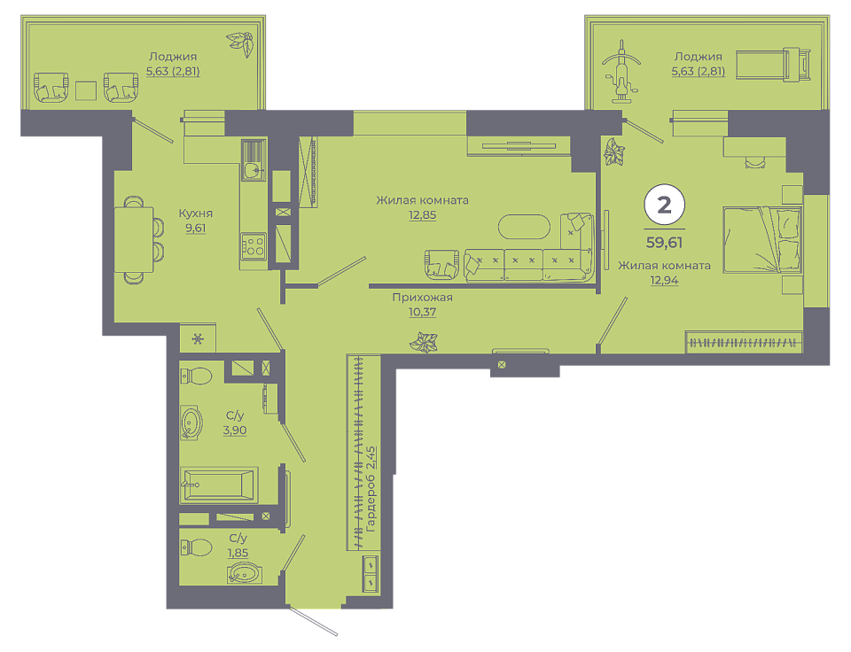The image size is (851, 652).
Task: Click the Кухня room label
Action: click(x=195, y=213)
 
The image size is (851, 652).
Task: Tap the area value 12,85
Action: click(x=422, y=214)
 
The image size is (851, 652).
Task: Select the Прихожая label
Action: click(x=422, y=298)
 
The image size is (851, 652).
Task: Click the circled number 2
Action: click(x=664, y=205)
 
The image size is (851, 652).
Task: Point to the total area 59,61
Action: click(x=664, y=243)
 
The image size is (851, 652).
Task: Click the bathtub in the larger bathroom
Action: click(x=219, y=485)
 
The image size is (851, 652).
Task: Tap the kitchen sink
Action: click(x=253, y=170)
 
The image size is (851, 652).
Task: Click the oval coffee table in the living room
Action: click(x=524, y=227)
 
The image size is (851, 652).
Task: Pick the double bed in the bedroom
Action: click(x=762, y=238)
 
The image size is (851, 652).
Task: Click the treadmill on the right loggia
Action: click(x=773, y=65)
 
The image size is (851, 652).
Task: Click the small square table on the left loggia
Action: click(x=86, y=90)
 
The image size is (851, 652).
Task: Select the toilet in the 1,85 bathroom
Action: click(x=196, y=547)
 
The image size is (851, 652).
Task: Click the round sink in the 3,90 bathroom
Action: click(x=191, y=423)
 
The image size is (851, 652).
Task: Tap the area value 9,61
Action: click(x=195, y=228)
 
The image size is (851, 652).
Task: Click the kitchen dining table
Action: click(x=134, y=240)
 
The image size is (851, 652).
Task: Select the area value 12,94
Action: click(x=664, y=280)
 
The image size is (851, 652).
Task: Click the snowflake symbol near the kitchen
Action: click(x=198, y=339)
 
